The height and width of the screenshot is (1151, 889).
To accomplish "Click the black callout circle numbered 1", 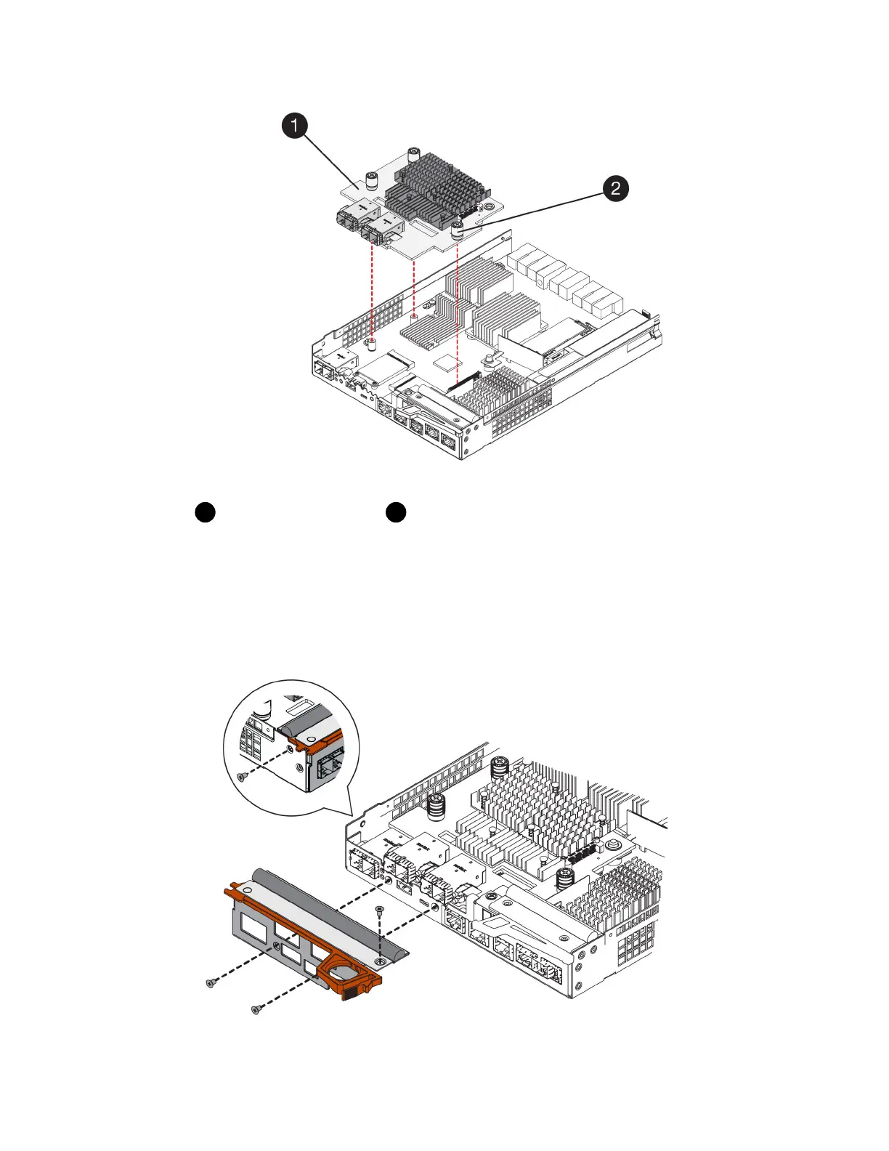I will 294,126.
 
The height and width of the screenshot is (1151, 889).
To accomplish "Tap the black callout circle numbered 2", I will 615,189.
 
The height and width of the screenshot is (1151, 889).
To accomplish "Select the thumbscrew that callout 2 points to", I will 458,232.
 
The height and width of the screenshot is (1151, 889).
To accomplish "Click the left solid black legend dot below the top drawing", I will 205,512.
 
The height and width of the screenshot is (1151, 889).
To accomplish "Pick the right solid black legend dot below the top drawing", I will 396,512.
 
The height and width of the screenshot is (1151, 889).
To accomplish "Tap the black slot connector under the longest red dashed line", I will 463,381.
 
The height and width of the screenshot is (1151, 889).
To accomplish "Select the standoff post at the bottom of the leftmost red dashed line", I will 372,343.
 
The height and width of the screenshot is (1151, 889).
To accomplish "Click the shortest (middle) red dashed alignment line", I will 413,287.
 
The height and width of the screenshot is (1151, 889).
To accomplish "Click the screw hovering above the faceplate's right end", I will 378,910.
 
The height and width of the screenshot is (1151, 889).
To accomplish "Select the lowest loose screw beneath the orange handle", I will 256,1009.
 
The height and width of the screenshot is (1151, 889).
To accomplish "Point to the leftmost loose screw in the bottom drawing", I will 211,982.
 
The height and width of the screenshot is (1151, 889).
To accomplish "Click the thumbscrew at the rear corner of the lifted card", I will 413,154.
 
